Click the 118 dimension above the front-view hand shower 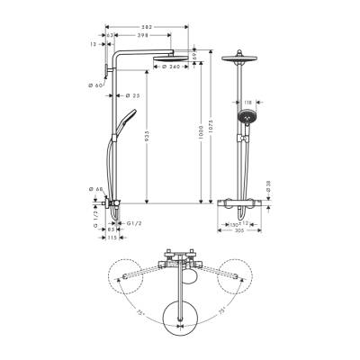(x=248, y=103)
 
